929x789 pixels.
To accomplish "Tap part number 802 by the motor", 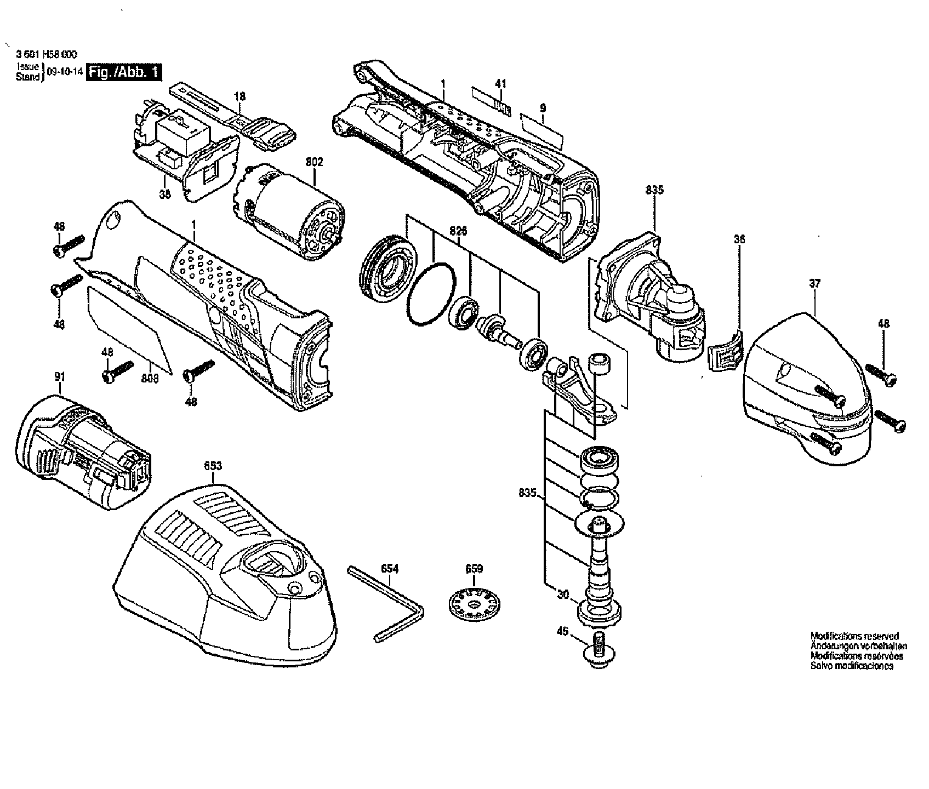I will (x=314, y=162).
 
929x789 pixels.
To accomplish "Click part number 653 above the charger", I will (x=213, y=466).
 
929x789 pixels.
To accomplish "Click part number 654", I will (x=389, y=569).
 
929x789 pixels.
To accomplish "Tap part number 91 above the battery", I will (x=60, y=376).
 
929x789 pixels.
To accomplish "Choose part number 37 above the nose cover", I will (x=814, y=283).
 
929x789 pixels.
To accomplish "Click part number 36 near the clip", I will (x=739, y=239).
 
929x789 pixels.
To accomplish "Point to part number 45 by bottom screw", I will (x=562, y=631).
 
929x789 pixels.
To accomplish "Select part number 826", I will (x=458, y=231).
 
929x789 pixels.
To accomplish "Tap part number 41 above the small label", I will (x=500, y=84).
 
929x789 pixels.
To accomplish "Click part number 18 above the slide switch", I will (x=240, y=96).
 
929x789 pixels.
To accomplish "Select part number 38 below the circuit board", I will (x=165, y=193).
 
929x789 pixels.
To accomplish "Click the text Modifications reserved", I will (x=854, y=636).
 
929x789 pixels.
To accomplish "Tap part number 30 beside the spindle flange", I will (x=563, y=593).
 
